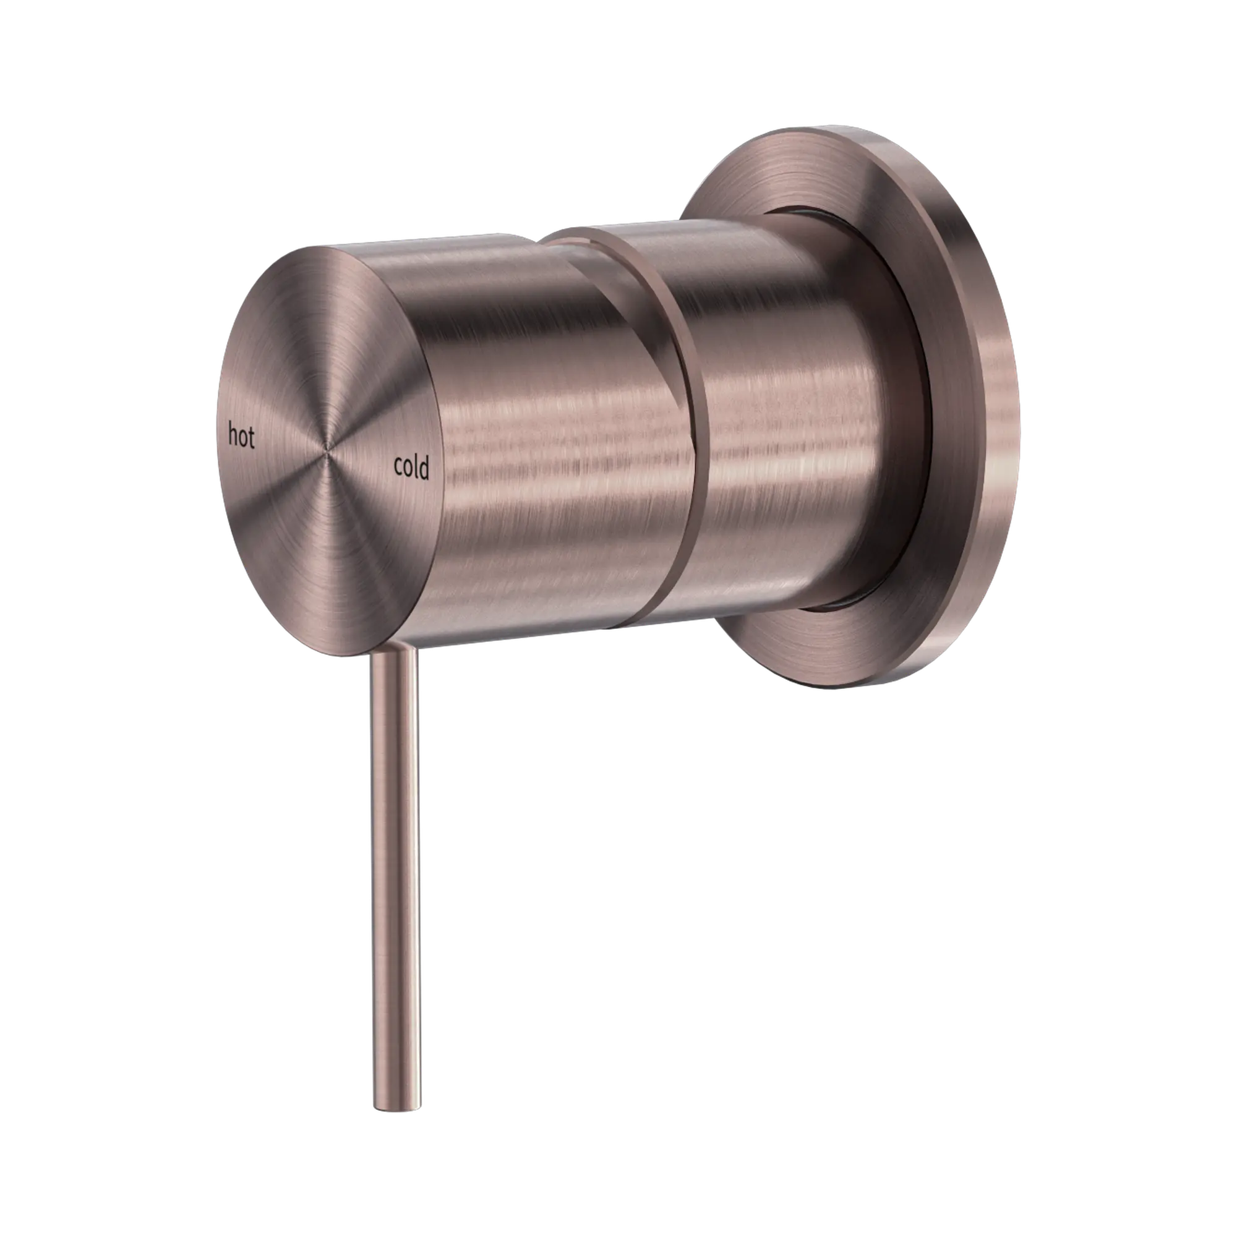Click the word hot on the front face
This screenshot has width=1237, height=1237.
[241, 437]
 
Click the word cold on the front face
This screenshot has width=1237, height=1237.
[411, 468]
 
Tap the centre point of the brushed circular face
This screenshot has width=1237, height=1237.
[327, 452]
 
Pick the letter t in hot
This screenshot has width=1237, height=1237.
[251, 439]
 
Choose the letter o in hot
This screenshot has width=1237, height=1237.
[242, 438]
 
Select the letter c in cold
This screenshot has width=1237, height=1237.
[398, 468]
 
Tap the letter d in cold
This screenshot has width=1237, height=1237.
[423, 469]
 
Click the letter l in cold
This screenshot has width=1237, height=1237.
[416, 468]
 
